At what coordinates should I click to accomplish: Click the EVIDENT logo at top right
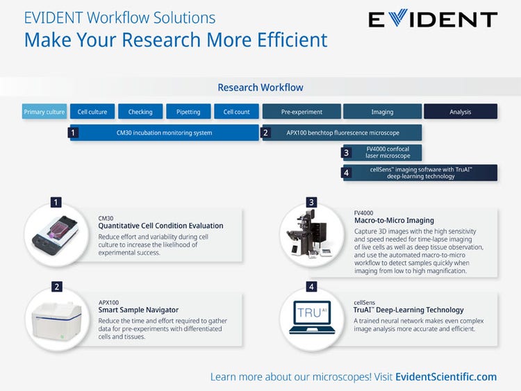point(432,20)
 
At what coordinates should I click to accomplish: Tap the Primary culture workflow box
point(44,112)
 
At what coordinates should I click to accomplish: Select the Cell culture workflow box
point(92,112)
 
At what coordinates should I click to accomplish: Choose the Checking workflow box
point(140,112)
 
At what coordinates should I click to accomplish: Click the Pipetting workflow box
point(188,112)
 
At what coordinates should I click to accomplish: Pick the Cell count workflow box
point(236,112)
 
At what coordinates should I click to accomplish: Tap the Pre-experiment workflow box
point(301,112)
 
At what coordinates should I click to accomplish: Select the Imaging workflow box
point(382,112)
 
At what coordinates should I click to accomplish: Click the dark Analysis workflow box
point(461,112)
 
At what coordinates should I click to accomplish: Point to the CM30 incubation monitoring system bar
point(164,133)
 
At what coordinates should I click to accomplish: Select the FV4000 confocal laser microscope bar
point(381,152)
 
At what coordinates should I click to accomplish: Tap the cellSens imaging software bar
point(420,173)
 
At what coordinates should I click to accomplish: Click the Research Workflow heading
point(260,88)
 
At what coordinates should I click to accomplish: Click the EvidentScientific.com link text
point(446,377)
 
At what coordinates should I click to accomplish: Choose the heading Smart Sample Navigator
point(139,310)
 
